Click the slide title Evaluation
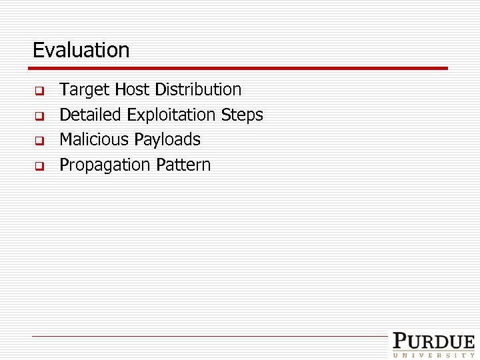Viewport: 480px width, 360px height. (x=81, y=50)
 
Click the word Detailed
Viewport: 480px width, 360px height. (x=90, y=115)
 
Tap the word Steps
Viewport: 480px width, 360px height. (x=242, y=115)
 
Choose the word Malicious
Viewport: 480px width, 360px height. (x=94, y=139)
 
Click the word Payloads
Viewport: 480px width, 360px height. (x=167, y=139)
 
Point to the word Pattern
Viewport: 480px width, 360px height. (x=183, y=165)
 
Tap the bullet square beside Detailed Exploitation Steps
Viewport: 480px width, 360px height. (x=39, y=116)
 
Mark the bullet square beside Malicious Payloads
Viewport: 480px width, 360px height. (x=39, y=141)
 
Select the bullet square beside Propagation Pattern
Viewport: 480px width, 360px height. (x=39, y=166)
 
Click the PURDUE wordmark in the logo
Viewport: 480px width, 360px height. (x=433, y=341)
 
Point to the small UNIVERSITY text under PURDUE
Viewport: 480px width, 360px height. (x=433, y=355)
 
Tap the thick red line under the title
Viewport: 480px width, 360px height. (x=240, y=68)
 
